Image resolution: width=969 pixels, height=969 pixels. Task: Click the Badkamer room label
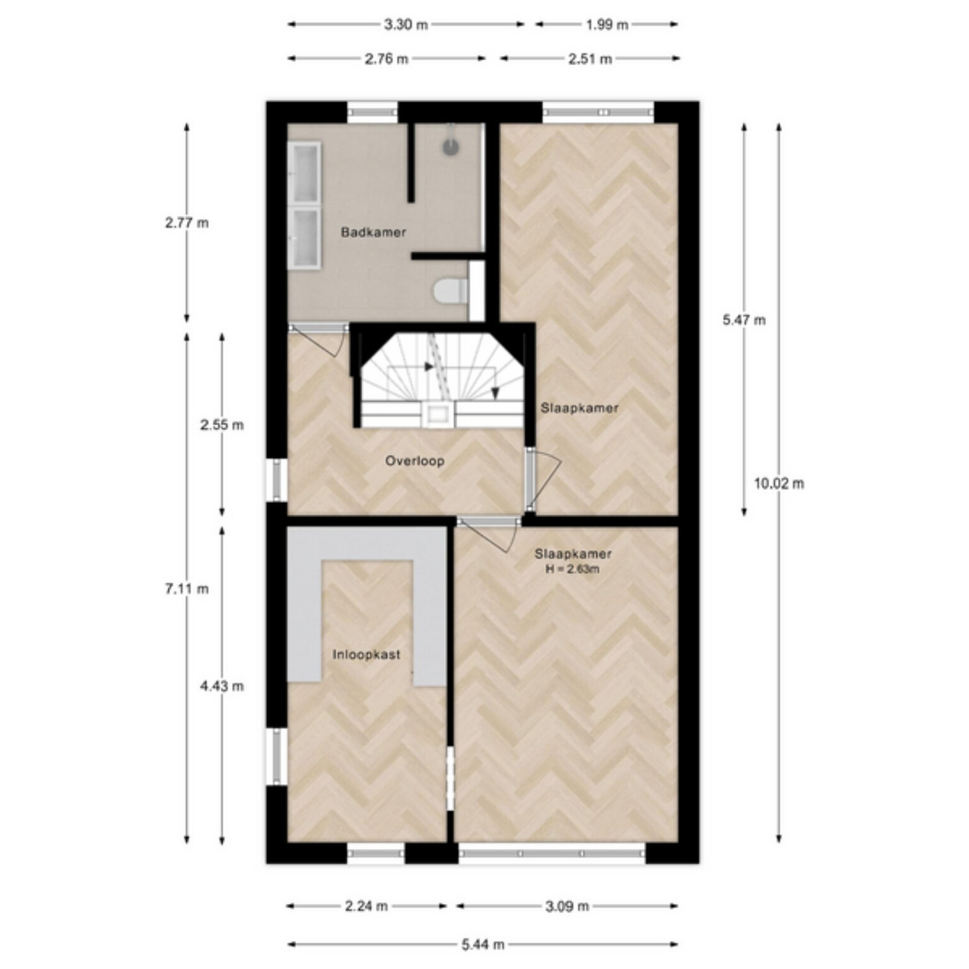tap(373, 232)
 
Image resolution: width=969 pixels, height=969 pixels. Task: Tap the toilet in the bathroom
tap(450, 291)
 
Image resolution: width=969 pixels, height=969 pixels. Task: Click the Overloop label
tap(414, 461)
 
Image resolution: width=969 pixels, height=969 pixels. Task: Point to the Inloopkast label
tap(367, 655)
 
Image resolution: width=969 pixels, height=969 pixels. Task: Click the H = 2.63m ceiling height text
tap(573, 569)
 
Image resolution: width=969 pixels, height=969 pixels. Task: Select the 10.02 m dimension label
tap(779, 484)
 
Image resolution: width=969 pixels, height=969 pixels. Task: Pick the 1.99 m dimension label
tap(607, 25)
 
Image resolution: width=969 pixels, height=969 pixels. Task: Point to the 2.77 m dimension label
tap(187, 223)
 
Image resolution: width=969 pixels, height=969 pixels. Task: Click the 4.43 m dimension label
tap(222, 686)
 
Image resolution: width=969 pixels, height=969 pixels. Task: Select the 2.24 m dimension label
tap(367, 907)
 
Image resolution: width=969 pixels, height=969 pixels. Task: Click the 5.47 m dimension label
tap(744, 320)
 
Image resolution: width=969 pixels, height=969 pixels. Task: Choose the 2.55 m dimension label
tap(222, 425)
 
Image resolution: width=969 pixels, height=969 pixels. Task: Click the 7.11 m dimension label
tap(187, 589)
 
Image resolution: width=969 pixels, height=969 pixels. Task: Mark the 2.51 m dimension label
tap(590, 59)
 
